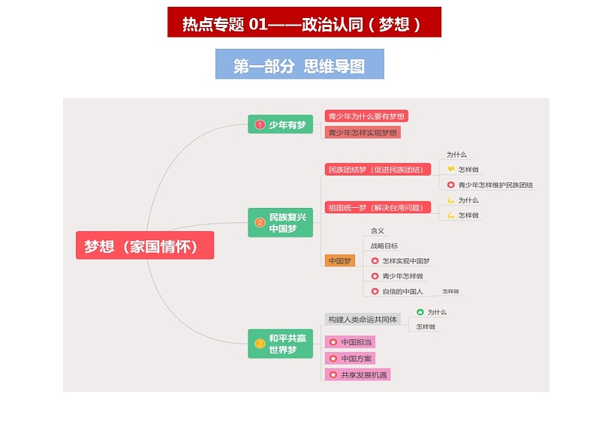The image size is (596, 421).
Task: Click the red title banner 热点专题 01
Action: pyautogui.click(x=304, y=23)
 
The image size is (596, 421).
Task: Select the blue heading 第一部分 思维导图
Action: pyautogui.click(x=300, y=65)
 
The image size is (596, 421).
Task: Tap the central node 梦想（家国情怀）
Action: pyautogui.click(x=145, y=246)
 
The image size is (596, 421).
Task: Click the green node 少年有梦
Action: pyautogui.click(x=280, y=125)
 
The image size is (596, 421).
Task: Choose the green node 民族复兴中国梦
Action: pyautogui.click(x=280, y=222)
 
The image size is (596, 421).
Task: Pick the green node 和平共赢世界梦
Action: pyautogui.click(x=280, y=344)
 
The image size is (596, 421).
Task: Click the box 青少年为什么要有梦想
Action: pyautogui.click(x=366, y=116)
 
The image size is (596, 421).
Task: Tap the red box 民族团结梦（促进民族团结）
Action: pyautogui.click(x=378, y=170)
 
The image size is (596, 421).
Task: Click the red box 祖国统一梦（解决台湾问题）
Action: pyautogui.click(x=378, y=207)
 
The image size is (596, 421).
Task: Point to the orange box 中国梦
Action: pyautogui.click(x=339, y=261)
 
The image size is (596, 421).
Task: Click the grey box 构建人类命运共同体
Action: pyautogui.click(x=363, y=319)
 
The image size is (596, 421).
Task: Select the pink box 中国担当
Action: pyautogui.click(x=349, y=342)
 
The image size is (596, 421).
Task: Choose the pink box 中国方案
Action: pyautogui.click(x=349, y=359)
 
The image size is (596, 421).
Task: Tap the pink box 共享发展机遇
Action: pyautogui.click(x=358, y=374)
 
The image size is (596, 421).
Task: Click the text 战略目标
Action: pyautogui.click(x=384, y=245)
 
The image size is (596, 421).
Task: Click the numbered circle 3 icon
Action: pyautogui.click(x=260, y=344)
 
